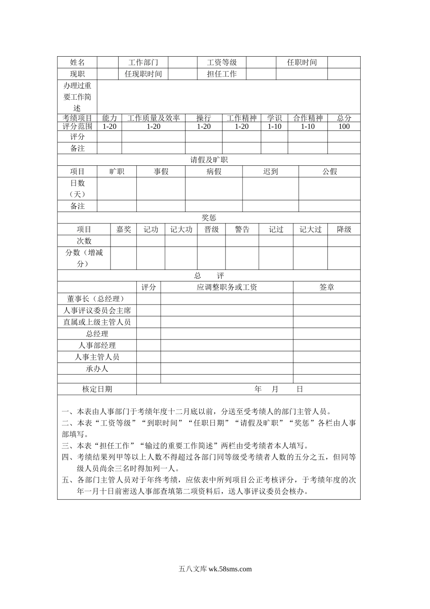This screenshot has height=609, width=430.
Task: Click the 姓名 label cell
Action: click(x=77, y=63)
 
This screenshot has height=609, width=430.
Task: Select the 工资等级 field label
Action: click(x=222, y=63)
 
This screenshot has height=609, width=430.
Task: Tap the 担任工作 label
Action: click(x=222, y=74)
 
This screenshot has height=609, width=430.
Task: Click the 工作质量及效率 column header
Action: click(x=153, y=118)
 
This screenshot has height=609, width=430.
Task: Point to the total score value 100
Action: click(x=344, y=126)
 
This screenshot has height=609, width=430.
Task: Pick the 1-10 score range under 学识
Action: click(x=274, y=126)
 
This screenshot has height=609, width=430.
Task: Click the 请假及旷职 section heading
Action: click(x=209, y=160)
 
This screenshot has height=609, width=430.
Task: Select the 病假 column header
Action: click(x=214, y=171)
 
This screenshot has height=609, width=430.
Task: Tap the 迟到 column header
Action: click(x=270, y=171)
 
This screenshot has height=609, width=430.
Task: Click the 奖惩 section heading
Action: click(x=209, y=218)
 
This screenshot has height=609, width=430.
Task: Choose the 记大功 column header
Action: click(x=181, y=229)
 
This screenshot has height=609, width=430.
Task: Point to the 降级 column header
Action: click(x=344, y=229)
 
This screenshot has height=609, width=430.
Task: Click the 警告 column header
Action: click(x=242, y=229)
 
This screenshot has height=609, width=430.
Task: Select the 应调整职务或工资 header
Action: click(x=227, y=287)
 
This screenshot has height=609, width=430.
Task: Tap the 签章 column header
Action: click(x=327, y=287)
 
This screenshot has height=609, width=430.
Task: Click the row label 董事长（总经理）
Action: click(x=97, y=299)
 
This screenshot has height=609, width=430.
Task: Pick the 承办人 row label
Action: click(x=97, y=368)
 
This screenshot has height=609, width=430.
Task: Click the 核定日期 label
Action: click(x=97, y=389)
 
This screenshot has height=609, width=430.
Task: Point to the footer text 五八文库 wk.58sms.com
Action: click(x=215, y=569)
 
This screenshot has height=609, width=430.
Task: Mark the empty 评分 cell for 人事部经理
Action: click(x=148, y=345)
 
